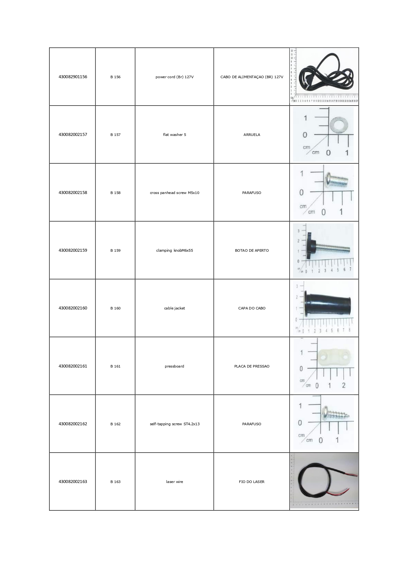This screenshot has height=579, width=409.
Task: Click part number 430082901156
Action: coord(73,77)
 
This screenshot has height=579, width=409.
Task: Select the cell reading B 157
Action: coord(115,135)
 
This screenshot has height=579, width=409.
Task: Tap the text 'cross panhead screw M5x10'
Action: coord(174,193)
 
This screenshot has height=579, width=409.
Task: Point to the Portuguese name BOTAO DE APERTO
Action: coord(252,250)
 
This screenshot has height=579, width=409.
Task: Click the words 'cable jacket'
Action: coord(174,308)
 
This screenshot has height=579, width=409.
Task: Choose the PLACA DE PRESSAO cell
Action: coord(252,366)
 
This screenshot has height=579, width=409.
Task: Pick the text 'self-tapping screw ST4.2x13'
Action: coord(174,424)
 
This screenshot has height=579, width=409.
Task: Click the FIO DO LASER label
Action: coord(252,482)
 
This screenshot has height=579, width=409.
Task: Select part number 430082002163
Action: coord(73,482)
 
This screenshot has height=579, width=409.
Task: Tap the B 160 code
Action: coord(115,308)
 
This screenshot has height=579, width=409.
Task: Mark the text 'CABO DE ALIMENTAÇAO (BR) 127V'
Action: coord(252,77)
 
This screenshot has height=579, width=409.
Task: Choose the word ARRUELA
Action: coord(252,135)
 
